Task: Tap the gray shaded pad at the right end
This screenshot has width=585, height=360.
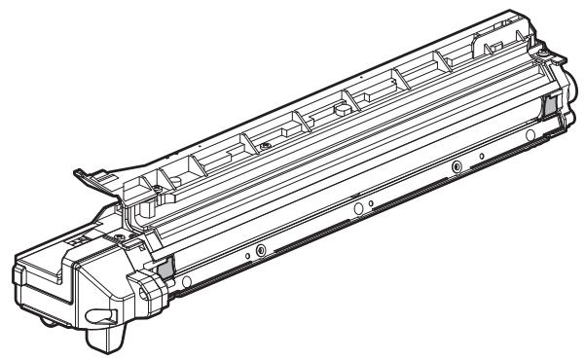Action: tap(548, 104)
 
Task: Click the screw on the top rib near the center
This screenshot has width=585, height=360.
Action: tap(266, 146)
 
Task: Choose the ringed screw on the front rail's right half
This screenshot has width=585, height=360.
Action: tap(456, 168)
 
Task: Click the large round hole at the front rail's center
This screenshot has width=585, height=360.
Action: tap(357, 207)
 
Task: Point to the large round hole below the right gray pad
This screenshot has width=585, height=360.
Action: tap(530, 133)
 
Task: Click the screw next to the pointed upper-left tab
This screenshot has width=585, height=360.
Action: tap(152, 183)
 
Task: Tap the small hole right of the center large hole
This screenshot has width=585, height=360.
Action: tap(371, 203)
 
